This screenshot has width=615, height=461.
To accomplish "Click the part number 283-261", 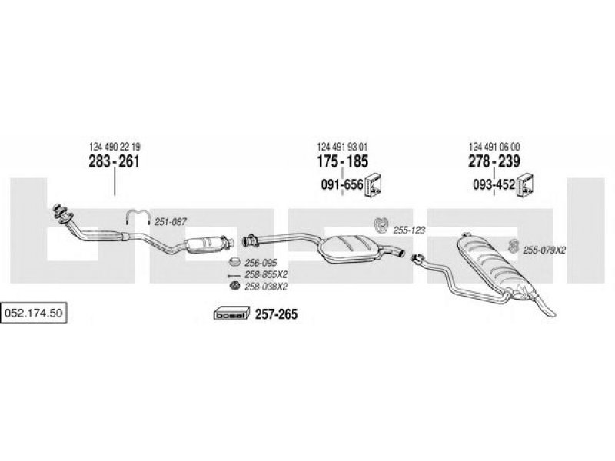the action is pos(114,161).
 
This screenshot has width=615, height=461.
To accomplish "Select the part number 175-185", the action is pos(342,161).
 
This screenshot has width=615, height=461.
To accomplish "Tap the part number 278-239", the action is pos(494,161).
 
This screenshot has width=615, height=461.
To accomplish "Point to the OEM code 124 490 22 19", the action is pos(115,147).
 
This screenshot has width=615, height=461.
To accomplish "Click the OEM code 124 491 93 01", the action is pos(342,147).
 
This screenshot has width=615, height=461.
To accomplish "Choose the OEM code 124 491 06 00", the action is pos(494,147).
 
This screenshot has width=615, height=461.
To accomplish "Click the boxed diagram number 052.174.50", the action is pos(33,313).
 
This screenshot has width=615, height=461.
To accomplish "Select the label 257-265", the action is pos(277,314).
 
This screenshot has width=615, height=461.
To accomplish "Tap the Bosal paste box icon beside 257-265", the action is pos(232,313).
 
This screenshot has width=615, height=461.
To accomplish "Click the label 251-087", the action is pos(170,222).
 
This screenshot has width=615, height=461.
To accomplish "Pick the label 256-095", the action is pos(261,263).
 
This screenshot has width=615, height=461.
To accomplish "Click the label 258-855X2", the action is pos(266,274).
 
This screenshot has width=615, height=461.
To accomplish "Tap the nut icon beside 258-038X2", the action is pos(234,286).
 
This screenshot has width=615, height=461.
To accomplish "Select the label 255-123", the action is pos(409,230).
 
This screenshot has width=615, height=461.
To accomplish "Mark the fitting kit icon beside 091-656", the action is pos(374,184).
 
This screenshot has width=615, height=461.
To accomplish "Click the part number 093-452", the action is pos(494,184).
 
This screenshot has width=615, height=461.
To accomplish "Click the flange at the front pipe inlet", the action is pos(61,214).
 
